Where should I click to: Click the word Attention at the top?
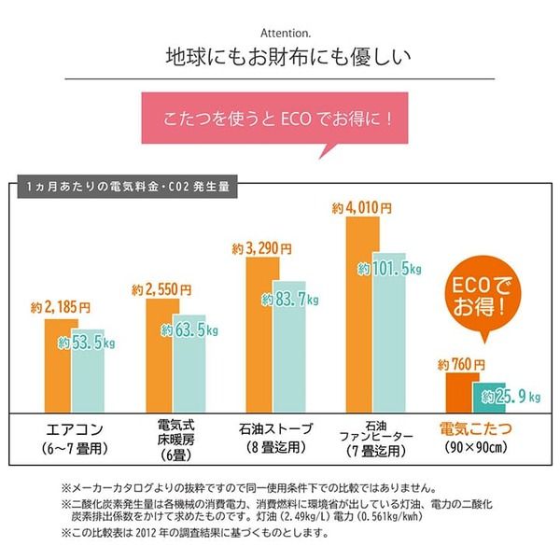[279, 30]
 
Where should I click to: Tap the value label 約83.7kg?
[290, 300]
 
